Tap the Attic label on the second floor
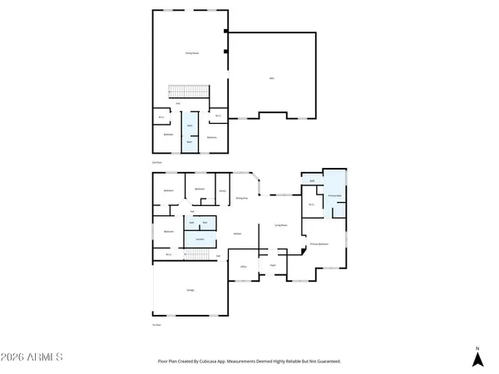tap(272, 78)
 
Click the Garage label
tap(190, 290)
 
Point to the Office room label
tap(244, 267)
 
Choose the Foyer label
tap(272, 267)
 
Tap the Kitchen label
tap(237, 234)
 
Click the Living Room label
tap(281, 224)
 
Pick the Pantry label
tap(222, 191)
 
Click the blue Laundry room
tap(200, 239)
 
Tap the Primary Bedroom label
tap(320, 244)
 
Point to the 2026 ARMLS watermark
tap(32, 357)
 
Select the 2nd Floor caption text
tap(156, 163)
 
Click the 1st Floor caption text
tap(156, 325)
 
